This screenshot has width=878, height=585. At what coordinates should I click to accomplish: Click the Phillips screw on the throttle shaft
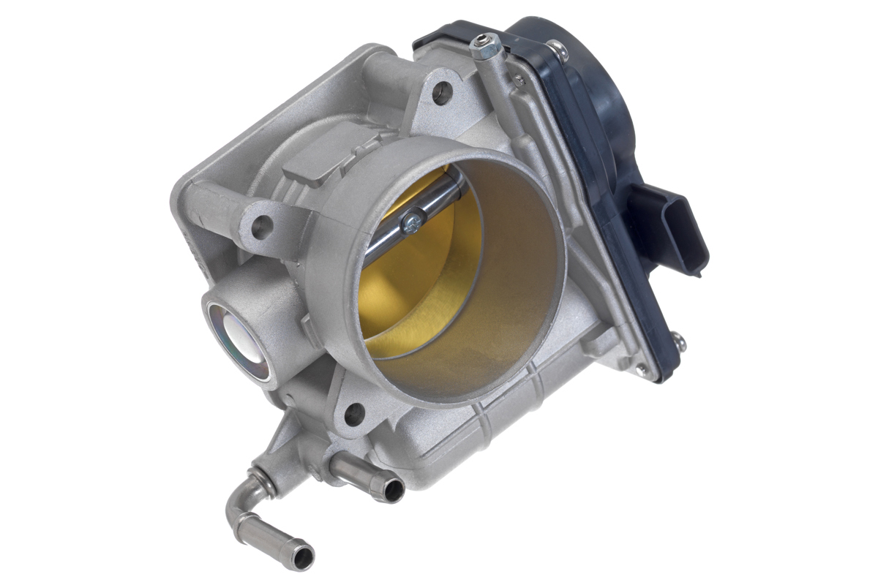tap(412, 220)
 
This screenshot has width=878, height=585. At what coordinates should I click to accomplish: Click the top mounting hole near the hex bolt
tap(442, 91)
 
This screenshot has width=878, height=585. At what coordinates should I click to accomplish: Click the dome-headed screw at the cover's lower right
tap(678, 341)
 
